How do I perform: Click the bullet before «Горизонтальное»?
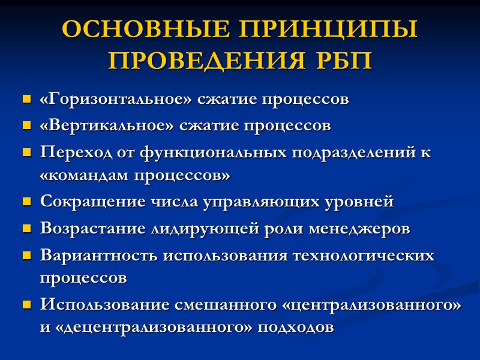point(26,99)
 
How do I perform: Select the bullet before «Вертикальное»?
point(26,126)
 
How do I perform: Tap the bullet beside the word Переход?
point(26,152)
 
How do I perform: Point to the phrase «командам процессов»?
point(135,176)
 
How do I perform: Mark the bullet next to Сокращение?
point(26,202)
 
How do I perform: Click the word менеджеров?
point(360,229)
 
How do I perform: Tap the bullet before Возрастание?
point(26,229)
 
